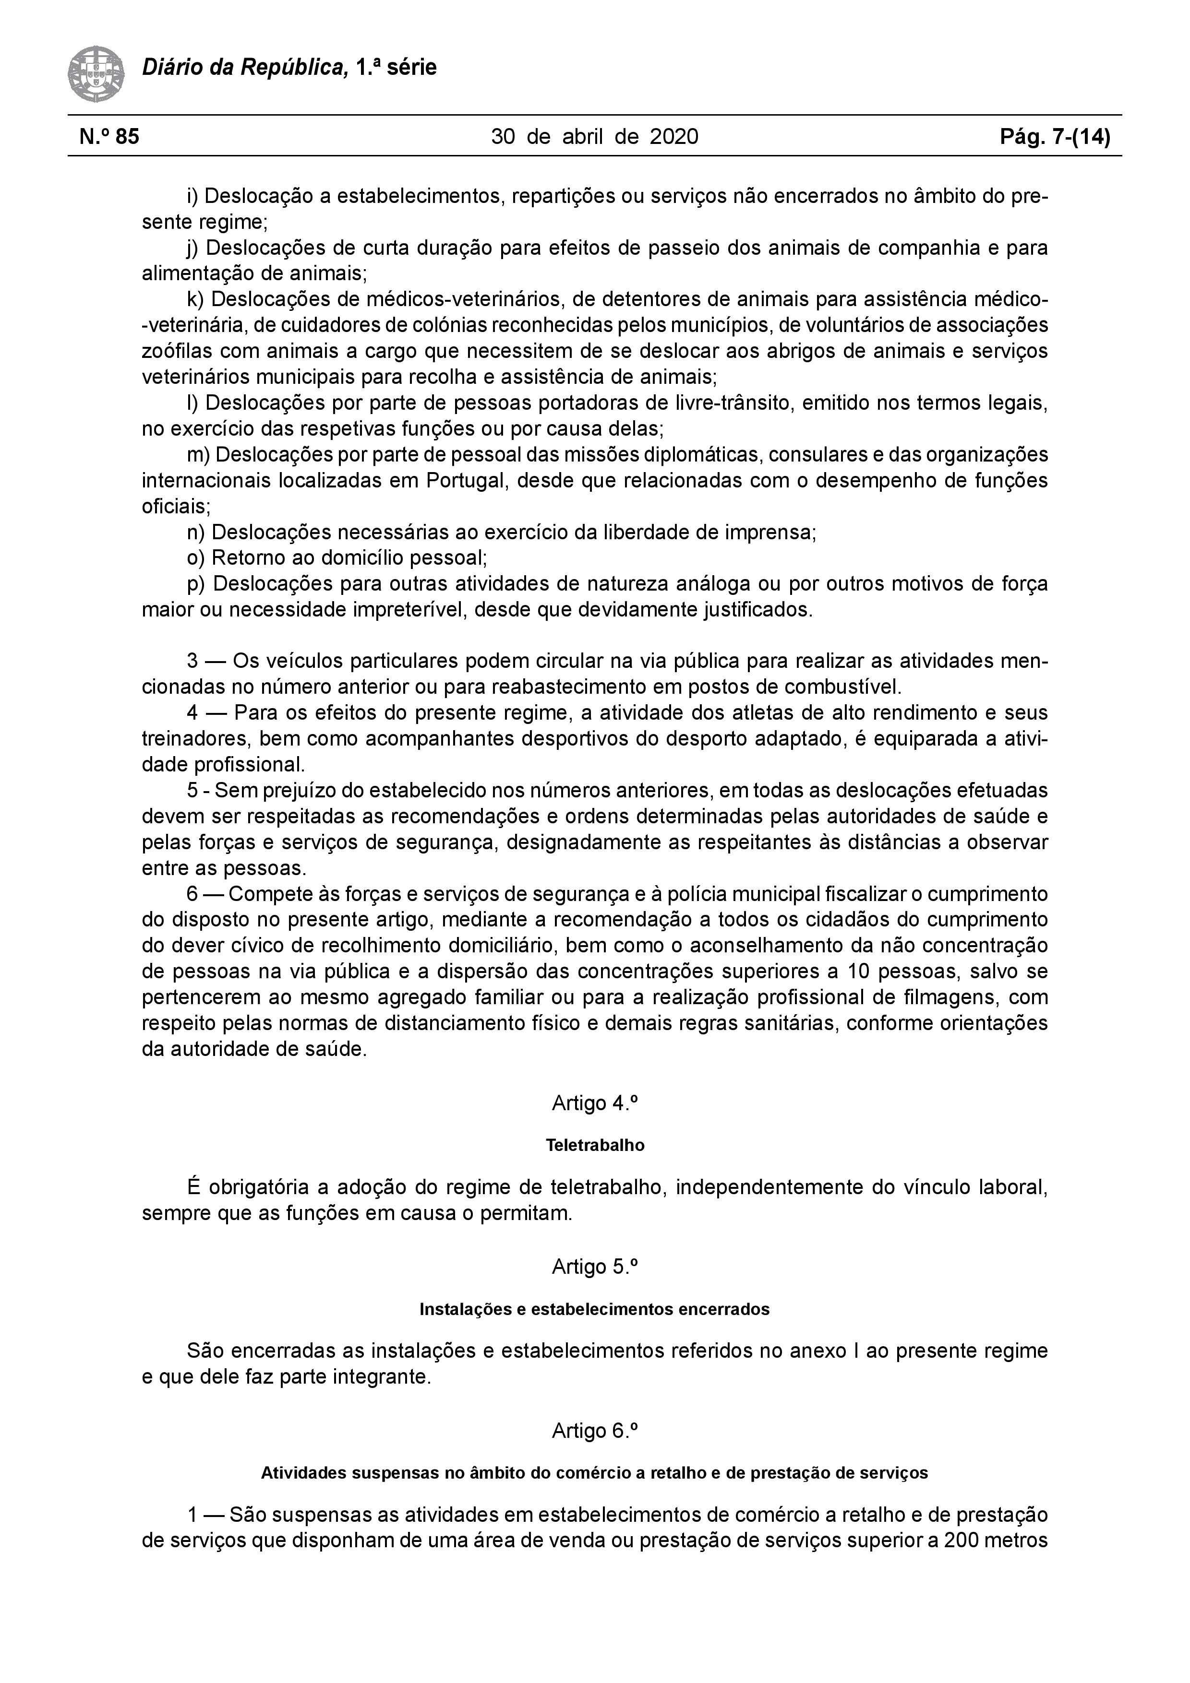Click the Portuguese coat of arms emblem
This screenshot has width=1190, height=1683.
coord(96,74)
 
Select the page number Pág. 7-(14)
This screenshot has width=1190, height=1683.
coord(1055,136)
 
